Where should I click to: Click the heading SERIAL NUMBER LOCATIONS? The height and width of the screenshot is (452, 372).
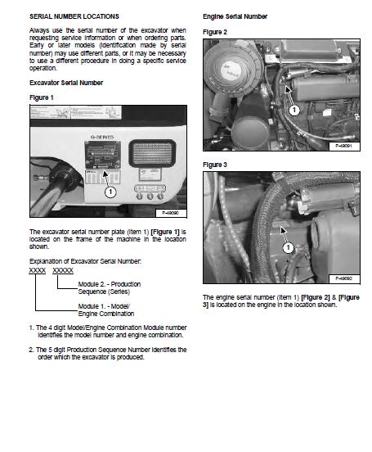(74, 16)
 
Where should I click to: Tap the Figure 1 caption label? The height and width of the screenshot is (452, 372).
(42, 97)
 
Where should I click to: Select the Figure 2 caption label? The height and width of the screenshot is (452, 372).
(215, 32)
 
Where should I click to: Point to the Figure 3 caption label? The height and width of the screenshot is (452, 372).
(215, 165)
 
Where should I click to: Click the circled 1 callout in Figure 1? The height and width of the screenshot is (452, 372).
(110, 192)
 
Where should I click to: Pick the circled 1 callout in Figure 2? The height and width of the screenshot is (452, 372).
(294, 110)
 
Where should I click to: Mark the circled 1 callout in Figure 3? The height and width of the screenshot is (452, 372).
(288, 247)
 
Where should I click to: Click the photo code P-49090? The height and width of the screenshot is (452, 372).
(170, 213)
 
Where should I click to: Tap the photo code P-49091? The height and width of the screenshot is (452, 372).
(343, 146)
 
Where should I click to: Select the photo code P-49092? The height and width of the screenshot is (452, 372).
(343, 278)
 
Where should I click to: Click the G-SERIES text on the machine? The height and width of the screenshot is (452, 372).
(102, 138)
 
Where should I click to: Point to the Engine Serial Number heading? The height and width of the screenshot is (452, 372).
(235, 16)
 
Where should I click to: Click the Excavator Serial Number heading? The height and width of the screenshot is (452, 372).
(66, 83)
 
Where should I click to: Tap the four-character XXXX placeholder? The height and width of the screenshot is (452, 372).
(38, 270)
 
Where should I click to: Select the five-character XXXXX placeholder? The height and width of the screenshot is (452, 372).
(63, 270)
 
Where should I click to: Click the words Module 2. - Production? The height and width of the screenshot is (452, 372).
(110, 284)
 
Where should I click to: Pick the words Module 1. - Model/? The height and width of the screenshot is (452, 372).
(104, 306)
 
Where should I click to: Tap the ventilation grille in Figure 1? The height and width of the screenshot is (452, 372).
(152, 153)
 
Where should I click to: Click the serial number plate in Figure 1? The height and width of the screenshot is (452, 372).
(102, 155)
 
